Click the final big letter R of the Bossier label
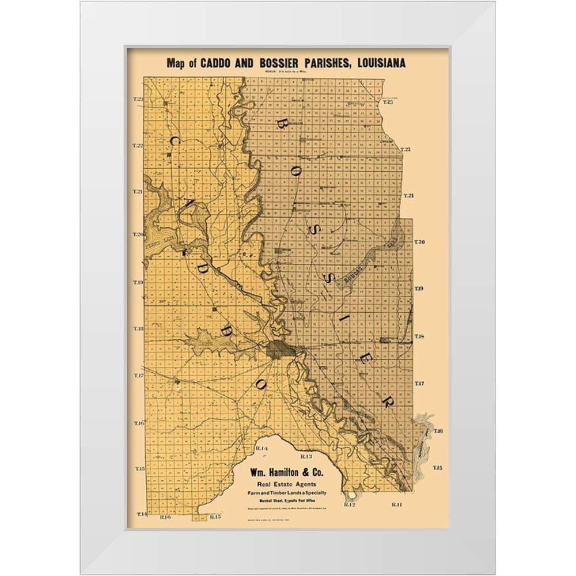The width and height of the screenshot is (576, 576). pos(389,398)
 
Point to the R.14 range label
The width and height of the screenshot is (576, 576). pos(262,448)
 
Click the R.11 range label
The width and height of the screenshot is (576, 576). pos(397,505)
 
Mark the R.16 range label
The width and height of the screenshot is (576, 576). pos(166,517)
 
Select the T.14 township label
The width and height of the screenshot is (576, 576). pos(140,513)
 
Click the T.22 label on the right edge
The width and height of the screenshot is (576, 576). pos(406,150)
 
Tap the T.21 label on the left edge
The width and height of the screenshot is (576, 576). pos(138,191)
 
